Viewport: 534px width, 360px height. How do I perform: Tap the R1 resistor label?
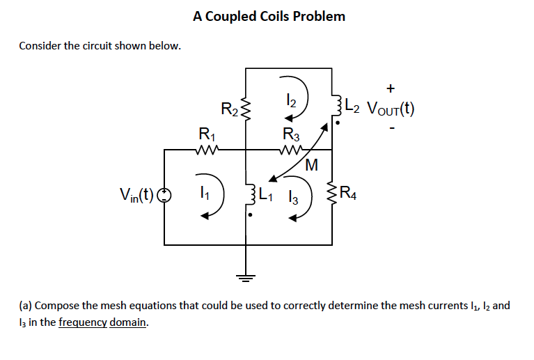coord(207,134)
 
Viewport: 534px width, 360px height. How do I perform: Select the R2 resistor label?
coord(230,109)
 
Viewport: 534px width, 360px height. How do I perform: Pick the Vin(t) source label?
coord(136,194)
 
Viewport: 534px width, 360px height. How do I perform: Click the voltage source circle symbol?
coord(164,194)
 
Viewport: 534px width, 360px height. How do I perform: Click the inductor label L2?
coord(354,108)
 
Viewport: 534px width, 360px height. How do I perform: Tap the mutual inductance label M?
coord(311,166)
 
